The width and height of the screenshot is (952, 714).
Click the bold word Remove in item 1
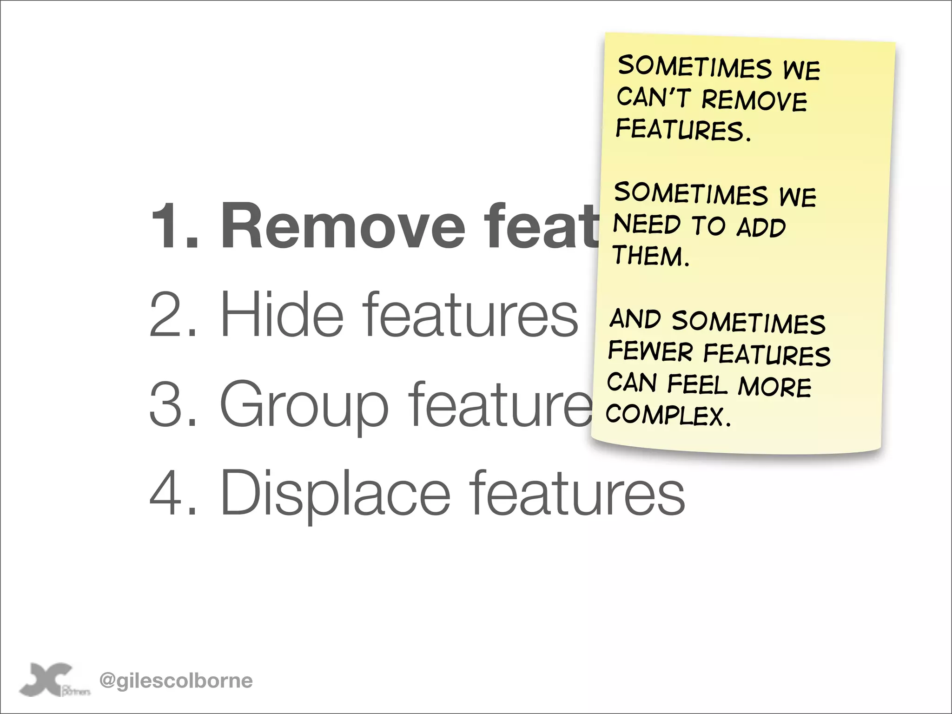pyautogui.click(x=343, y=227)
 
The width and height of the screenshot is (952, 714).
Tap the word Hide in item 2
pyautogui.click(x=282, y=314)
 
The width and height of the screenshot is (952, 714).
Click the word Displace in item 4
pyautogui.click(x=335, y=493)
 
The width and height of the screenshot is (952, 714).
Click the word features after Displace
pyautogui.click(x=577, y=493)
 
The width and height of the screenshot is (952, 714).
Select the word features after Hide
pyautogui.click(x=470, y=314)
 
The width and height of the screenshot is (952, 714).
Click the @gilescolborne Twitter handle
pyautogui.click(x=176, y=681)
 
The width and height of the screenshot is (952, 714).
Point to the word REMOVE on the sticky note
pyautogui.click(x=754, y=100)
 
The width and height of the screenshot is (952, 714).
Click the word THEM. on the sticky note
pyautogui.click(x=651, y=256)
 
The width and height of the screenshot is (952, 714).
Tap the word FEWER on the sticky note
pyautogui.click(x=650, y=351)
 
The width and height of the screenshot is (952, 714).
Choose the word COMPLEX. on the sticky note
pyautogui.click(x=668, y=414)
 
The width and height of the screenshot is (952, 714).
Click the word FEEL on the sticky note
pyautogui.click(x=697, y=384)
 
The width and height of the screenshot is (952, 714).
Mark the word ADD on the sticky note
pyautogui.click(x=761, y=227)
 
